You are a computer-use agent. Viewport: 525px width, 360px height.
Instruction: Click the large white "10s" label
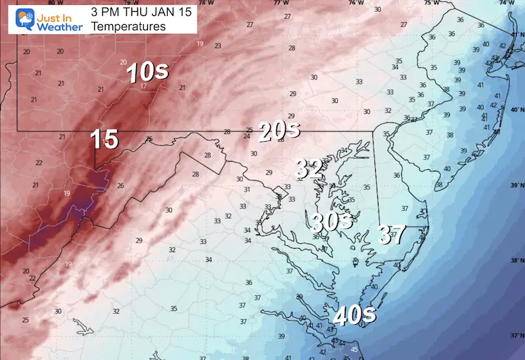pyautogui.click(x=146, y=72)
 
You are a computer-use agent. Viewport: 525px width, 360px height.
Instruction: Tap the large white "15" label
pyautogui.click(x=104, y=140)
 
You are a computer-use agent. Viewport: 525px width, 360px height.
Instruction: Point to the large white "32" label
pyautogui.click(x=309, y=167)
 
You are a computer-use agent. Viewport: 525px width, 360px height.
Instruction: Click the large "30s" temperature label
pyautogui.click(x=332, y=222)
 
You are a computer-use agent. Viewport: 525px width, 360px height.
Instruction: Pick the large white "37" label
pyautogui.click(x=391, y=235)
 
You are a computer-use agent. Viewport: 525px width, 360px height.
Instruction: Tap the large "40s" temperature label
pyautogui.click(x=354, y=315)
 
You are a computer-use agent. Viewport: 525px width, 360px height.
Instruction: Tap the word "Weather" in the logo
pyautogui.click(x=57, y=26)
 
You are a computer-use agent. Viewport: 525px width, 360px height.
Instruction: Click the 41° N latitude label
pyautogui.click(x=516, y=35)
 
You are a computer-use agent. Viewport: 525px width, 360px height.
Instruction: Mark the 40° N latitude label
pyautogui.click(x=516, y=110)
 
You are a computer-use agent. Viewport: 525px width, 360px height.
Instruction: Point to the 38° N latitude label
pyautogui.click(x=516, y=260)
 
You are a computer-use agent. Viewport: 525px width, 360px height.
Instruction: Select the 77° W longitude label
pyautogui.click(x=280, y=3)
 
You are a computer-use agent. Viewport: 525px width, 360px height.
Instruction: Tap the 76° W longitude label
pyautogui.click(x=356, y=3)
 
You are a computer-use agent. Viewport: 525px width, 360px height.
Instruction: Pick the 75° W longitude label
pyautogui.click(x=431, y=3)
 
